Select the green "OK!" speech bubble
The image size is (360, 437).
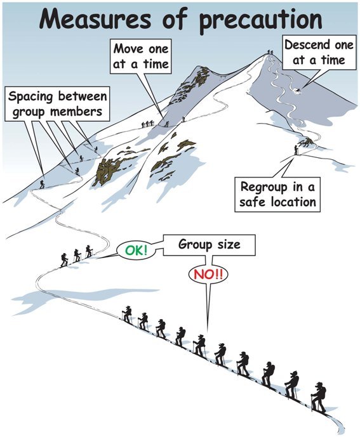click(136, 251)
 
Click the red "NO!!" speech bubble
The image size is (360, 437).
click(208, 275)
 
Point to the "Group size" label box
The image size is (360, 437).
click(209, 245)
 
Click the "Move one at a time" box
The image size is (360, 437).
click(141, 56)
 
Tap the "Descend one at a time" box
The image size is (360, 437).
click(319, 53)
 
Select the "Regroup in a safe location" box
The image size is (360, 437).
click(277, 194)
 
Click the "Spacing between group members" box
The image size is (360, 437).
click(57, 103)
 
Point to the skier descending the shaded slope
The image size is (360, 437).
click(298, 89)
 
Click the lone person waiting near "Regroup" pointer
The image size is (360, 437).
click(296, 150)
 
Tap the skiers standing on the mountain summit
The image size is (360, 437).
click(270, 52)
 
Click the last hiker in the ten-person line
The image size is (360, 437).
click(319, 398)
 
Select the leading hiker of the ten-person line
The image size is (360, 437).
click(127, 315)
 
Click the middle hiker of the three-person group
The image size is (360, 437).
click(77, 255)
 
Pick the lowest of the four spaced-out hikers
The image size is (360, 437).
click(42, 184)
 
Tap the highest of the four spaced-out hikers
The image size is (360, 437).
click(97, 149)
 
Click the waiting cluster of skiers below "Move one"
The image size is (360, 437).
click(147, 124)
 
